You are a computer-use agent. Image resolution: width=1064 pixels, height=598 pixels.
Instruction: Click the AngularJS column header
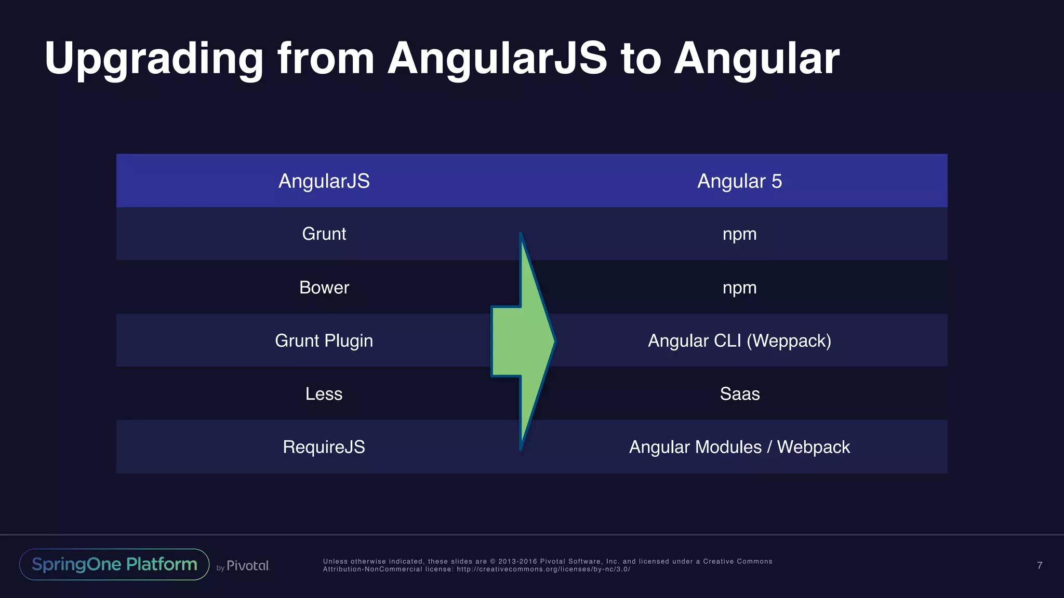(324, 181)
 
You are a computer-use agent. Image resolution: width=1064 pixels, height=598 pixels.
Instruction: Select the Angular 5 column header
(739, 181)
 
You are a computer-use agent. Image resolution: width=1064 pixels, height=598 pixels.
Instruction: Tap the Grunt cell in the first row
(324, 234)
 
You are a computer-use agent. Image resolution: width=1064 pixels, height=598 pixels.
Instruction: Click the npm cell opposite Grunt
(739, 234)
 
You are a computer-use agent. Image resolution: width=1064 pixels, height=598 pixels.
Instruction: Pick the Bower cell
(324, 288)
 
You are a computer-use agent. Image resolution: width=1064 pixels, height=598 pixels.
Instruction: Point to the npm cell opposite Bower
(739, 288)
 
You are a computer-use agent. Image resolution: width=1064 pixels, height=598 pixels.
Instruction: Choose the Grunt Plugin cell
(324, 341)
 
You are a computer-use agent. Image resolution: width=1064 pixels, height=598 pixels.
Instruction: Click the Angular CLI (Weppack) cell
(739, 341)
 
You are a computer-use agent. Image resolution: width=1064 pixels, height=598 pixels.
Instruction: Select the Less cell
(324, 394)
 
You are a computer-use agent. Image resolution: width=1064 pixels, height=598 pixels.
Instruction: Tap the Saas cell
(739, 394)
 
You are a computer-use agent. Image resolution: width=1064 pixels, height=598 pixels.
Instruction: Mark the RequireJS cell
(324, 447)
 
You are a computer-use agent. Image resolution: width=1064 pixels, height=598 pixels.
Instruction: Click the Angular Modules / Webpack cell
(739, 447)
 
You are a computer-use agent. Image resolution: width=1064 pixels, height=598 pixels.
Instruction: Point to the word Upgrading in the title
(154, 59)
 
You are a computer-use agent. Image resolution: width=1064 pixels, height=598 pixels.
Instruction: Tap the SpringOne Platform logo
(114, 564)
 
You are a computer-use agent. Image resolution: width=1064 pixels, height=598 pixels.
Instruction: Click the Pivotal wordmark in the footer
(248, 565)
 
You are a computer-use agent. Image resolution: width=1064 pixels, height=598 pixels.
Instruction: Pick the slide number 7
(1040, 565)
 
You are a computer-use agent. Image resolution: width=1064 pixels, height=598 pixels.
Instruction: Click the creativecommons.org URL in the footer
(543, 569)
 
